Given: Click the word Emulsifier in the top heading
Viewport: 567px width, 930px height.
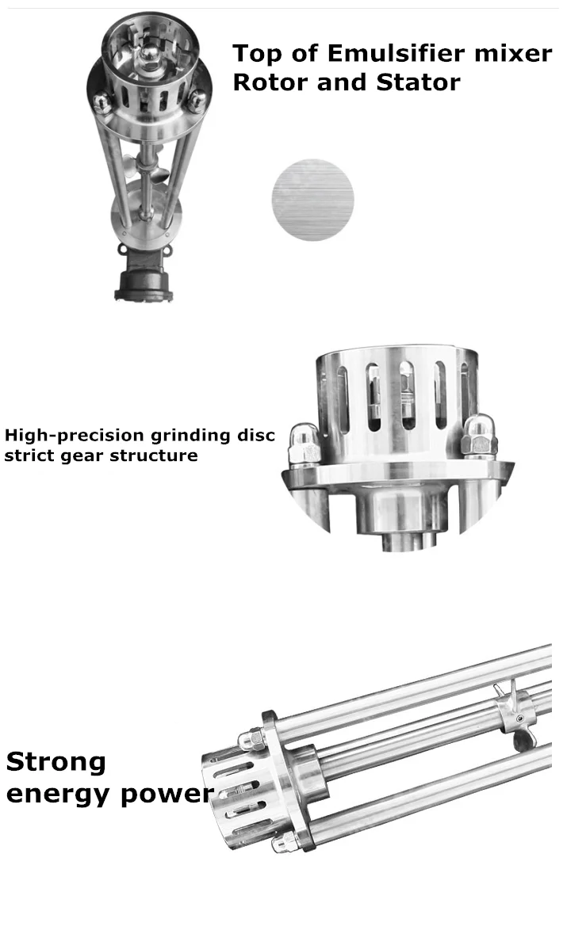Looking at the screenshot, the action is pos(397,53).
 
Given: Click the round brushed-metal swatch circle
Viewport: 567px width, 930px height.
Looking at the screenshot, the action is pos(312,200).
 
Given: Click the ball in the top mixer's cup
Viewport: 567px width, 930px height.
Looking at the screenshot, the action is pos(149,57).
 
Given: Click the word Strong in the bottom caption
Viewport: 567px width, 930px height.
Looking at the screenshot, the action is pos(56,762).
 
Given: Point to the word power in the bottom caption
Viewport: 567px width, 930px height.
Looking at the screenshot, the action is pos(166,795).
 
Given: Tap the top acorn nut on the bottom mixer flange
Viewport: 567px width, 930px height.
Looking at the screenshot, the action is pos(253,739).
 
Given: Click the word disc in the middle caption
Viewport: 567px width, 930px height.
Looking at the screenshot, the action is pos(256,436).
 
